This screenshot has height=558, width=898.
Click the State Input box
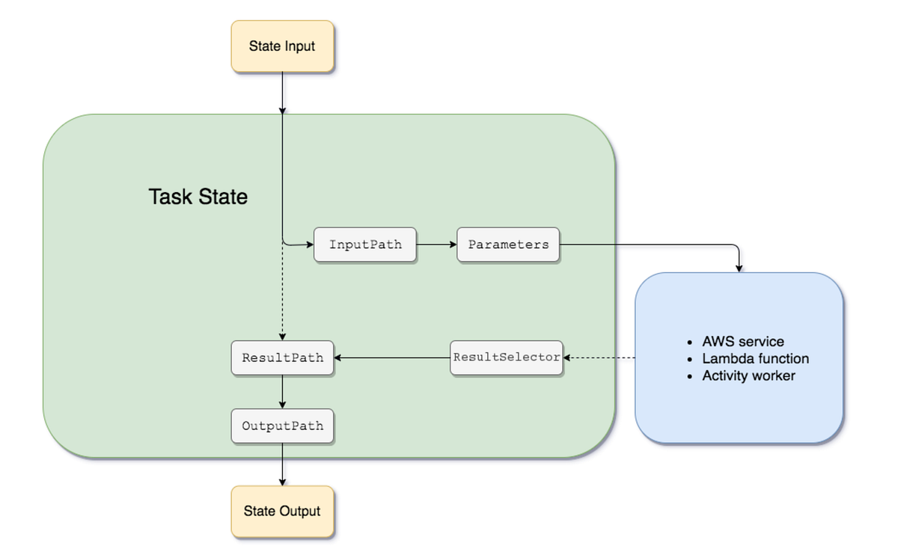click(x=282, y=46)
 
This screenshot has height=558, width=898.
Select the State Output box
click(x=282, y=512)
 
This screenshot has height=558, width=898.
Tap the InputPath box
click(x=365, y=245)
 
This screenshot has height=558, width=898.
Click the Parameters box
click(x=508, y=245)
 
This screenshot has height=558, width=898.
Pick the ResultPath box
click(x=282, y=358)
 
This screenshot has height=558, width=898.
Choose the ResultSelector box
click(x=507, y=358)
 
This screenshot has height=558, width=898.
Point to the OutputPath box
click(x=282, y=426)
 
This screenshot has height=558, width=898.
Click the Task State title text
click(x=198, y=197)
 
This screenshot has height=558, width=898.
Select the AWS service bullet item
click(x=742, y=342)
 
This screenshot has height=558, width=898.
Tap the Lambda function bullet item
click(x=755, y=359)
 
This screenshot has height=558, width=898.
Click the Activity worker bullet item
click(x=748, y=375)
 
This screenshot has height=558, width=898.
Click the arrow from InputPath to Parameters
click(x=436, y=245)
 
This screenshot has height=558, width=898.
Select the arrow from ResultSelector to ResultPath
click(x=392, y=358)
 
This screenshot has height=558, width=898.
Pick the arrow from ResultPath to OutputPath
click(x=282, y=391)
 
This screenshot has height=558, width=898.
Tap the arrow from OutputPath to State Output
click(x=282, y=465)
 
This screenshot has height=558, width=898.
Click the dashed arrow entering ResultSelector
click(x=599, y=358)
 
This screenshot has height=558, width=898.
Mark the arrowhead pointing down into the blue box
click(x=739, y=267)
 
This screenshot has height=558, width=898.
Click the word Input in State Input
click(x=299, y=46)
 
